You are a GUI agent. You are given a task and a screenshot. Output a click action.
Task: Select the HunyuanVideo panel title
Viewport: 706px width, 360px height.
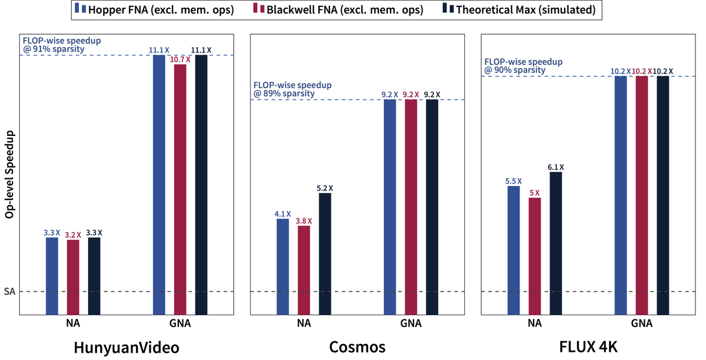coord(126,347)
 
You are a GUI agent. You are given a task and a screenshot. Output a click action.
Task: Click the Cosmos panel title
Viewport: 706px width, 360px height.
coord(357,347)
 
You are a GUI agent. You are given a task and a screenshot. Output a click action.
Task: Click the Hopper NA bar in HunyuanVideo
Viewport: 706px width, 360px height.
coord(52,276)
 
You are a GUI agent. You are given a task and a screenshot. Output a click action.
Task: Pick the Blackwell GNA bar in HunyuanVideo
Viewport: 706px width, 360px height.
coord(180,189)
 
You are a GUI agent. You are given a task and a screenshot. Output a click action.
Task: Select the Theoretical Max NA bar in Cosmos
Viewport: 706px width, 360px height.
coord(325,254)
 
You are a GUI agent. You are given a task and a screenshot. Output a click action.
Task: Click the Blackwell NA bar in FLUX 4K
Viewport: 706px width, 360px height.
coord(535,256)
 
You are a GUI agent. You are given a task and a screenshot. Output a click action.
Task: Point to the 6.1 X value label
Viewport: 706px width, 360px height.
coord(556,167)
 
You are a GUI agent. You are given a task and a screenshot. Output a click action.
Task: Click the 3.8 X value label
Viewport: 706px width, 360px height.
coord(304,221)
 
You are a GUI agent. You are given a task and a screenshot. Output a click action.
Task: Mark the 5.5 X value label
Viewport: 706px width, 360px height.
coord(514,181)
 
